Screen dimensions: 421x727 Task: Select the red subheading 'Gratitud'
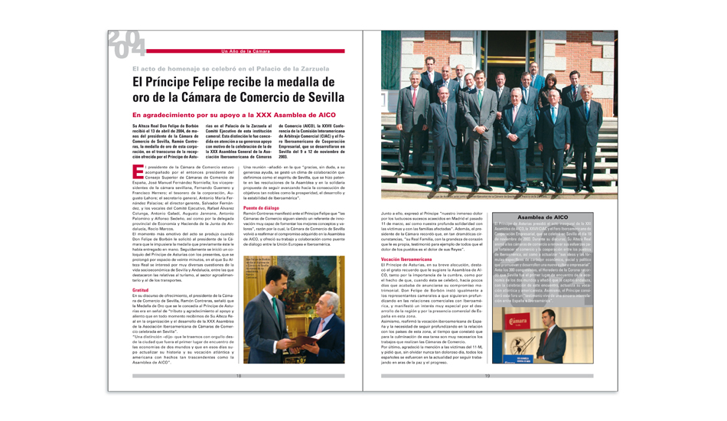pyautogui.click(x=142, y=290)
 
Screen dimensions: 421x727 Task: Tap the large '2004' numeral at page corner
pyautogui.click(x=126, y=44)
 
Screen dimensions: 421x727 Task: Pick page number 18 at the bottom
pyautogui.click(x=239, y=376)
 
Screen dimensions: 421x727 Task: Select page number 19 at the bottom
pyautogui.click(x=487, y=376)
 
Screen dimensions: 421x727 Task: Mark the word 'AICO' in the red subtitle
pyautogui.click(x=329, y=115)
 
